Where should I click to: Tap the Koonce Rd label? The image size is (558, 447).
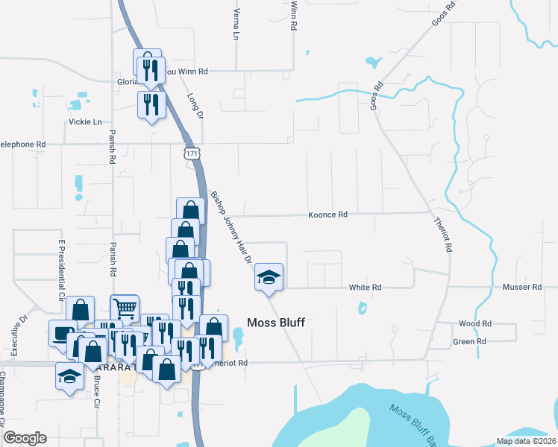click(328, 215)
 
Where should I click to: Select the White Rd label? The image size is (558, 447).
click(366, 287)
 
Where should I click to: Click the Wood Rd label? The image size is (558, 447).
click(475, 323)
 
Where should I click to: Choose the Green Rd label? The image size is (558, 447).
click(469, 341)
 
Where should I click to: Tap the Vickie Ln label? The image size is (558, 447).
click(85, 121)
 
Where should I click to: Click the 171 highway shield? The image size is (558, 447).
click(192, 153)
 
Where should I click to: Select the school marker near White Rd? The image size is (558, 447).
click(269, 278)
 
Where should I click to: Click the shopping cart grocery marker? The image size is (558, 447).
click(125, 308)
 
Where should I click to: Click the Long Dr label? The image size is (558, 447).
click(195, 105)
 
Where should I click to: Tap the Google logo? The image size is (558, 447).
click(25, 438)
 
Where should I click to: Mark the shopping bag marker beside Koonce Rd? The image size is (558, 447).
click(190, 211)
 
